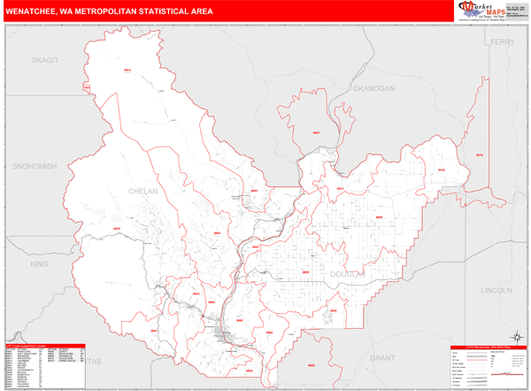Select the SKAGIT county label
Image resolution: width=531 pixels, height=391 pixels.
(43, 59)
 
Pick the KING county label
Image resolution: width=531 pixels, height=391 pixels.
(39, 264)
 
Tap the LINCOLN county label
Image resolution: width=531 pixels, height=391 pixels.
(496, 291)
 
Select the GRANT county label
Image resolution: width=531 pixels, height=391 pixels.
(382, 356)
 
